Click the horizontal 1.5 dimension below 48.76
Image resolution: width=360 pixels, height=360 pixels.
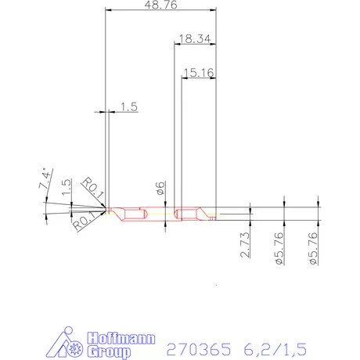128,108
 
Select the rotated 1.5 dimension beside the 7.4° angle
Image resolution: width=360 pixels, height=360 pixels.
67,187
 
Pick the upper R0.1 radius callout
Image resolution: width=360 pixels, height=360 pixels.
92,187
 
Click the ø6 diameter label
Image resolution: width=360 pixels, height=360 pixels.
160,188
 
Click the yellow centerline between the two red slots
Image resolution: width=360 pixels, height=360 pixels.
161,211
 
